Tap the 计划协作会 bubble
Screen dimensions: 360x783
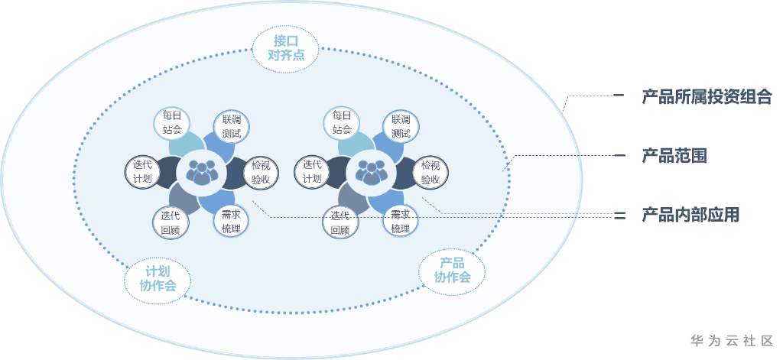158,278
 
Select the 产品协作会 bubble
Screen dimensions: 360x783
452,270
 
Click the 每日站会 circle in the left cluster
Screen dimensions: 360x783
172,122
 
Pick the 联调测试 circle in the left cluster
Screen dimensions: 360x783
231,127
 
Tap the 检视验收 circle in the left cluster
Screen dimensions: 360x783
260,172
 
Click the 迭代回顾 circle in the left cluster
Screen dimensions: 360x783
171,222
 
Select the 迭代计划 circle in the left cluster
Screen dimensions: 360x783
143,171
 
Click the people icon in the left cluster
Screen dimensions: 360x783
202,172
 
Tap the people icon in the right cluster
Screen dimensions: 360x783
372,172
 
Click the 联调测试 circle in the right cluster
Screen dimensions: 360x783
401,127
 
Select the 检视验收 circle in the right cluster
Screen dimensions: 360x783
430,172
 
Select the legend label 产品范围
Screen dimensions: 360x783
674,156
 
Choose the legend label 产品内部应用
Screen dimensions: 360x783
690,215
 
